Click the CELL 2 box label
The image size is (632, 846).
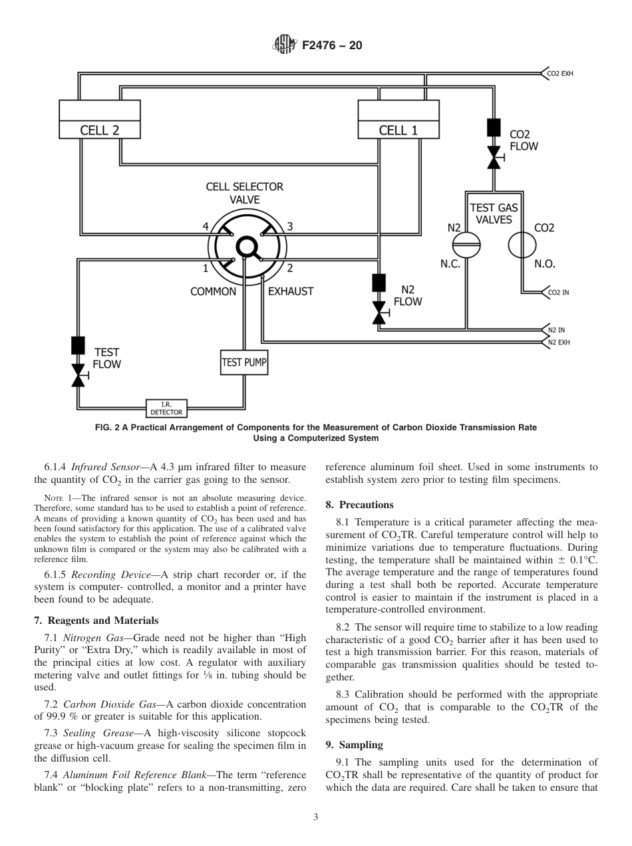pos(100,130)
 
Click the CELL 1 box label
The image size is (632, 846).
pos(398,130)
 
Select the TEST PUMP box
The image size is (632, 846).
pos(243,362)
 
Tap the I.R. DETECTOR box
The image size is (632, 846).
pos(166,408)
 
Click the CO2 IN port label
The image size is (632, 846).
pos(558,292)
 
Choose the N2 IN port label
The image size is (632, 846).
pos(556,330)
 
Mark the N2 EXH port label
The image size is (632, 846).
pos(558,343)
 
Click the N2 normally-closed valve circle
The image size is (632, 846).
pos(470,245)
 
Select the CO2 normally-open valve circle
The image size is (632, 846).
pos(522,245)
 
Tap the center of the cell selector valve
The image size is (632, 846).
pos(247,247)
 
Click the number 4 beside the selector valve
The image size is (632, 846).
pos(206,227)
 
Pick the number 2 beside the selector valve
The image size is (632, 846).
pos(289,268)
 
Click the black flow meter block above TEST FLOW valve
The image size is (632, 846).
pos(79,346)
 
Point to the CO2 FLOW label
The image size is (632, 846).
pos(524,140)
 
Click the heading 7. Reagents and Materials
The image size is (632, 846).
pos(96,621)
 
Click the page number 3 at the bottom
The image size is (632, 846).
pos(316,817)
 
